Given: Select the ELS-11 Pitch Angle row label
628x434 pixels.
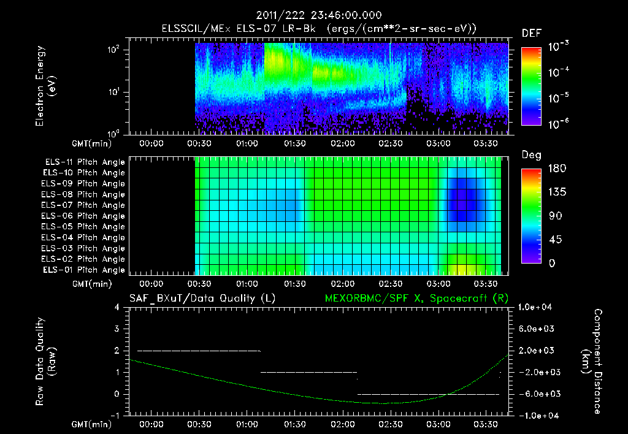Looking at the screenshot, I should (85, 162).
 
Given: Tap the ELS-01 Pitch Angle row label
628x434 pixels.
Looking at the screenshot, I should (85, 270).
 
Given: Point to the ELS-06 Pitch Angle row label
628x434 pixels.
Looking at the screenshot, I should (85, 216).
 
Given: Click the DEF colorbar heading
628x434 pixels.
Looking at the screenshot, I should (531, 33).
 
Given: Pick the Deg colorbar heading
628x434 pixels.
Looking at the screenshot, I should (531, 155).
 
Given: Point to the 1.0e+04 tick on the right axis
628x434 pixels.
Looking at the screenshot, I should (538, 307).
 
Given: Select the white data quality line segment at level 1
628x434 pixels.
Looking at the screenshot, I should (308, 372).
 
